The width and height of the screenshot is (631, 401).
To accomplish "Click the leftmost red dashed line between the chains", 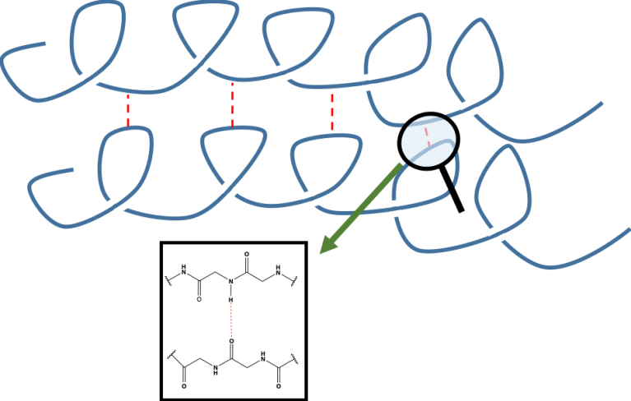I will [128, 108].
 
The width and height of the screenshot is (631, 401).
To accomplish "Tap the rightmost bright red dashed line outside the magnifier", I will [332, 112].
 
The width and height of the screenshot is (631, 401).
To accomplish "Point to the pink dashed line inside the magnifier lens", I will [425, 134].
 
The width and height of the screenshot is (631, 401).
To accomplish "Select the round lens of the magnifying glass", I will [429, 141].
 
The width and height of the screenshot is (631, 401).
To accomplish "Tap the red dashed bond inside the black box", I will [232, 313].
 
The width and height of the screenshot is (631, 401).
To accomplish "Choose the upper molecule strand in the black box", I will [234, 274].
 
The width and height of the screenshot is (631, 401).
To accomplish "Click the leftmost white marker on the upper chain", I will [90, 79].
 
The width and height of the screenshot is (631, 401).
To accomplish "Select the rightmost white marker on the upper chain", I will [467, 107].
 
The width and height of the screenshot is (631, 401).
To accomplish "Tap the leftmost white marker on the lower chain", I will [116, 205].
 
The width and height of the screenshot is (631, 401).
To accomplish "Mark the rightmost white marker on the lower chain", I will [496, 233].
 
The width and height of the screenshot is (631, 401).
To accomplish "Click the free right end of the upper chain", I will [602, 104].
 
